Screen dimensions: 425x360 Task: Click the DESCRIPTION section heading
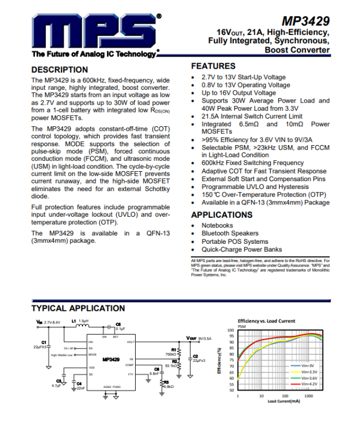[x=60, y=70]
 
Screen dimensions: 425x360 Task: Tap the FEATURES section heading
[x=213, y=66]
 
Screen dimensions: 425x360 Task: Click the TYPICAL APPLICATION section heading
[x=78, y=308]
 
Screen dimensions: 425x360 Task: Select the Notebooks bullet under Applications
[x=217, y=226]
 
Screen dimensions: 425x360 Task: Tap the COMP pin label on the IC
[x=129, y=365]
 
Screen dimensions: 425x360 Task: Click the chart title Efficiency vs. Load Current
[x=266, y=321]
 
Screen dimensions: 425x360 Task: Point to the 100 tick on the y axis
[x=230, y=330]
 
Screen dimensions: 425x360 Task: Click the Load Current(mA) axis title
[x=284, y=402]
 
